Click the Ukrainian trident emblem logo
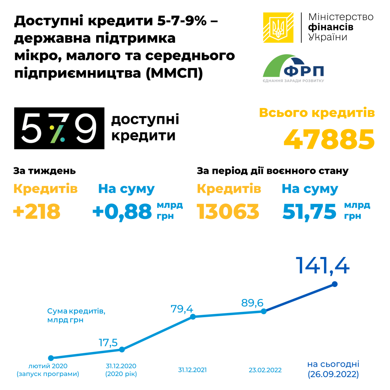click(278, 28)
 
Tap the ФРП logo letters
click(304, 71)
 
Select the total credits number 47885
click(329, 139)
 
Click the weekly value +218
click(37, 212)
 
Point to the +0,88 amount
click(122, 212)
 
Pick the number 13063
click(228, 212)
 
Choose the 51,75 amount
click(309, 212)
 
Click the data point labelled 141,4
click(335, 284)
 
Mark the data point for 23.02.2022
click(264, 311)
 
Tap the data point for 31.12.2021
click(193, 317)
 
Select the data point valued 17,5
click(122, 350)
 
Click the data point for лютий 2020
click(51, 358)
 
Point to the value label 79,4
click(182, 308)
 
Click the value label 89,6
click(252, 303)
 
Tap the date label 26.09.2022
click(333, 374)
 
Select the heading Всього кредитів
click(317, 113)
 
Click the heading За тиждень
click(45, 171)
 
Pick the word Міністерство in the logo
click(341, 17)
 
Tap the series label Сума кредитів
click(76, 311)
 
